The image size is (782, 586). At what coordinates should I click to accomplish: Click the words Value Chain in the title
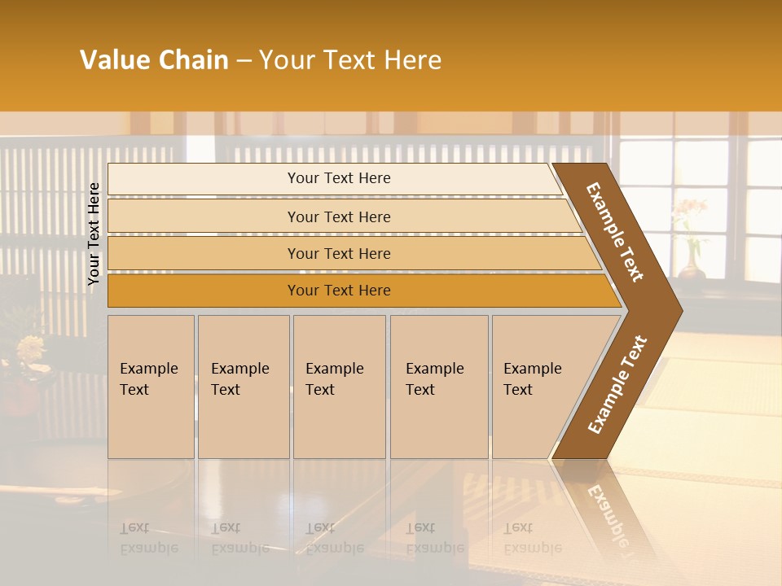(x=154, y=60)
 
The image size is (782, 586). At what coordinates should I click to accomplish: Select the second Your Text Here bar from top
(x=338, y=216)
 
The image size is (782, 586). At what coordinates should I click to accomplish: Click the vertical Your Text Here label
(x=94, y=234)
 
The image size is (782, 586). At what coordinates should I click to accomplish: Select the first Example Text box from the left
(x=151, y=386)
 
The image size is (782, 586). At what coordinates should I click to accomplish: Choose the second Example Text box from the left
(x=243, y=386)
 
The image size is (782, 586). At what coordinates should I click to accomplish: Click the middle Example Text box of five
(x=339, y=386)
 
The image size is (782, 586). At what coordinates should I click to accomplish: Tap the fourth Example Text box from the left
(x=438, y=386)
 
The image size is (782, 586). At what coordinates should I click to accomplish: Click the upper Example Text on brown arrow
(x=616, y=232)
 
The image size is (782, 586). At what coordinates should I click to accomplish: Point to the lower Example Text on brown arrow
(x=617, y=385)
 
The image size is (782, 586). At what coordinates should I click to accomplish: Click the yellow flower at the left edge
(x=30, y=348)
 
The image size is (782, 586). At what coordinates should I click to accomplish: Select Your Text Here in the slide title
(x=350, y=60)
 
